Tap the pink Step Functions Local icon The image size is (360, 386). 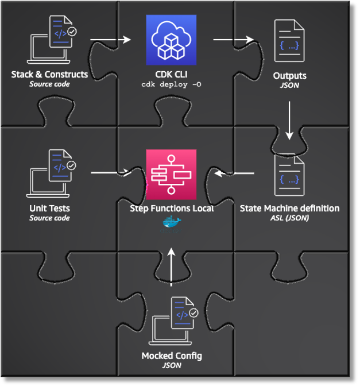(x=171, y=174)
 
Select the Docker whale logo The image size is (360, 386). (x=171, y=223)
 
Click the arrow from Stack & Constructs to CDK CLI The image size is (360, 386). (x=110, y=40)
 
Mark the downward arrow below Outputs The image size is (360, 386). (x=289, y=120)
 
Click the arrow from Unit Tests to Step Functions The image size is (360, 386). (x=110, y=172)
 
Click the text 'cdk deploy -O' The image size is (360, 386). (x=171, y=84)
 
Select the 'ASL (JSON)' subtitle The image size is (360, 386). (x=289, y=218)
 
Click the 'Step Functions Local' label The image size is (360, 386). (x=172, y=209)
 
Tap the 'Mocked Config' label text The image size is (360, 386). (x=172, y=356)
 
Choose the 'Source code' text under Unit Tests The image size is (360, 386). (x=49, y=218)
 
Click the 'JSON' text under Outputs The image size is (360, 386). (x=289, y=85)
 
